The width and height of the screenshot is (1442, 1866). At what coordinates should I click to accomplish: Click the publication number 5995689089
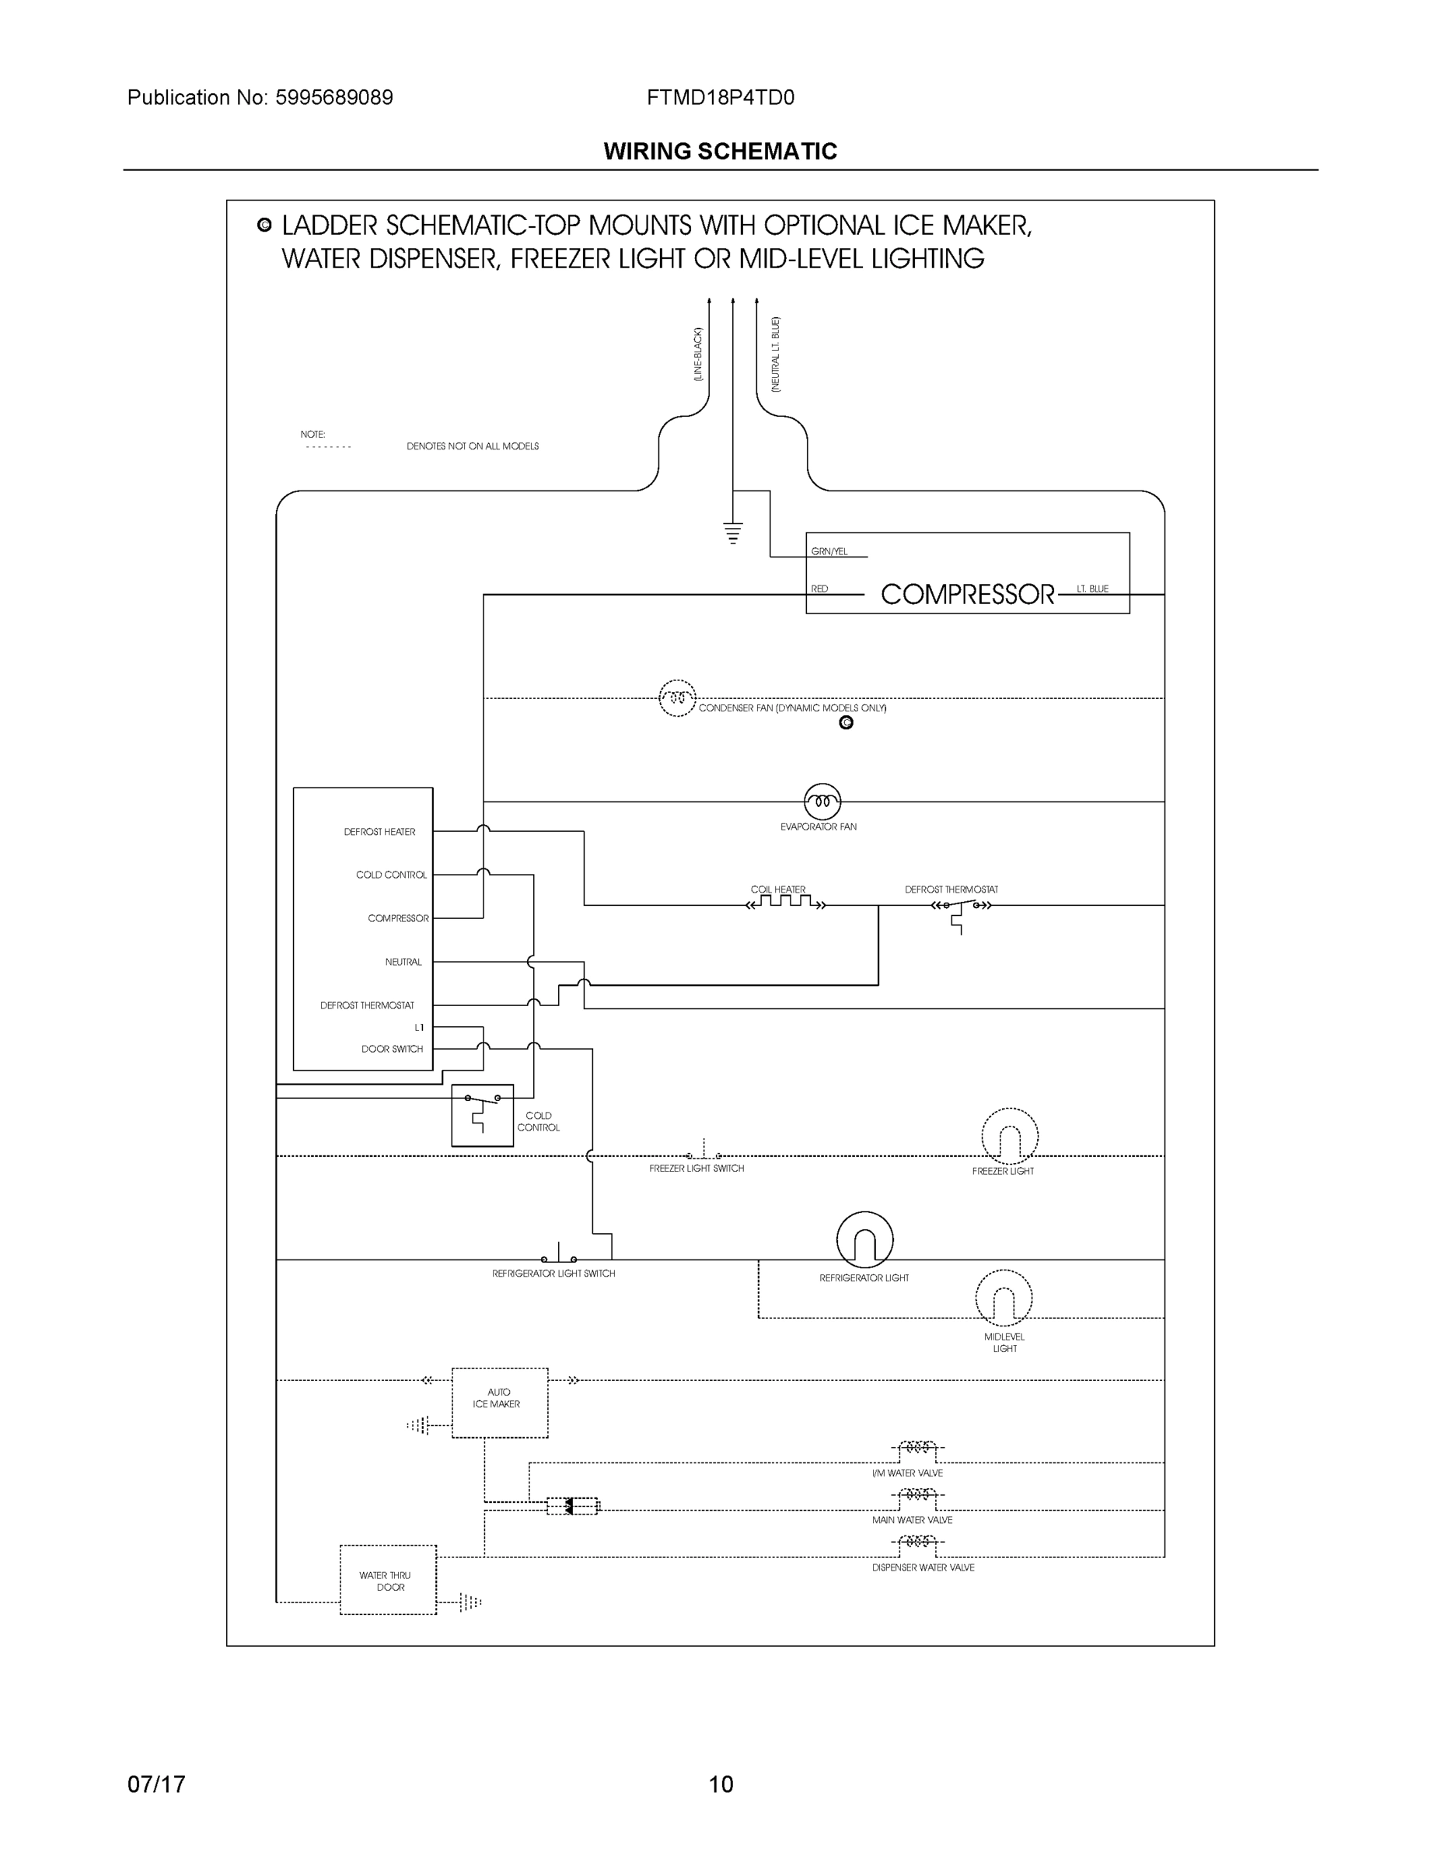[x=333, y=97]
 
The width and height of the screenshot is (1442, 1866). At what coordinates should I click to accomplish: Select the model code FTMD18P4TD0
[x=720, y=97]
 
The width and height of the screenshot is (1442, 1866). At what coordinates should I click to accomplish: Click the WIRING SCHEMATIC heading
[x=720, y=152]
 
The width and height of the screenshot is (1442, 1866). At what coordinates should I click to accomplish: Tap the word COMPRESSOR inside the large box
[x=967, y=595]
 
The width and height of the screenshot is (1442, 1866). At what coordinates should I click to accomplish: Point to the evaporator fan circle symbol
[x=822, y=802]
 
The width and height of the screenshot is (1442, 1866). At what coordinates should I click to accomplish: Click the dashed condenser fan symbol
[x=676, y=698]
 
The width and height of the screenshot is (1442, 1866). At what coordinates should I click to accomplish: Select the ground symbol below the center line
[x=732, y=533]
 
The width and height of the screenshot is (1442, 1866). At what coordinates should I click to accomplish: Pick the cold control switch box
[x=482, y=1115]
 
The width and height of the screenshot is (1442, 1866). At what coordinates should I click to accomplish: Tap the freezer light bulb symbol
[x=1009, y=1137]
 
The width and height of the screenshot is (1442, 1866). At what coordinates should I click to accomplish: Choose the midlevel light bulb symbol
[x=1003, y=1298]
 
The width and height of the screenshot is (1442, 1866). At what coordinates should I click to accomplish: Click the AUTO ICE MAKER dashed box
[x=499, y=1403]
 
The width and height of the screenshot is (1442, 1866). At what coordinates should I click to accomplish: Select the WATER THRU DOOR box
[x=388, y=1581]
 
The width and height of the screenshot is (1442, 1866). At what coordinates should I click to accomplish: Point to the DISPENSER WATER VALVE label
[x=923, y=1567]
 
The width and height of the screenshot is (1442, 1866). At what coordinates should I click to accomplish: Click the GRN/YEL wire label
[x=829, y=552]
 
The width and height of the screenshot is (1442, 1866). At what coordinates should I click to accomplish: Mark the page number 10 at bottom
[x=720, y=1784]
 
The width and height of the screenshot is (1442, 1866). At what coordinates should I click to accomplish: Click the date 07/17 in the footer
[x=156, y=1784]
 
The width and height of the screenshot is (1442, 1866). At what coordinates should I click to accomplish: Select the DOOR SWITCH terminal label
[x=391, y=1049]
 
